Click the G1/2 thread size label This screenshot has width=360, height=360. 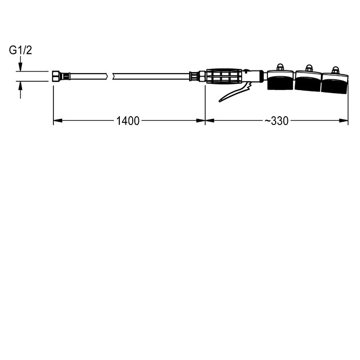pos(21,50)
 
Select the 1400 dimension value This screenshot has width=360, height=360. pos(128,121)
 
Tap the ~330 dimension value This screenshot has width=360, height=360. pos(277,121)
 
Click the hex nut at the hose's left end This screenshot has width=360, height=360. pos(56,76)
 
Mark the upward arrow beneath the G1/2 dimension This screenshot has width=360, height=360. pos(21,90)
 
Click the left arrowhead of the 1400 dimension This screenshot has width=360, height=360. pos(58,120)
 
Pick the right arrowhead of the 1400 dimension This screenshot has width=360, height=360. pos(201,120)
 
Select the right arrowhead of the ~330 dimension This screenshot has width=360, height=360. pos(344,120)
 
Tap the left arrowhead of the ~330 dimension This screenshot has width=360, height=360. pos(210,120)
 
